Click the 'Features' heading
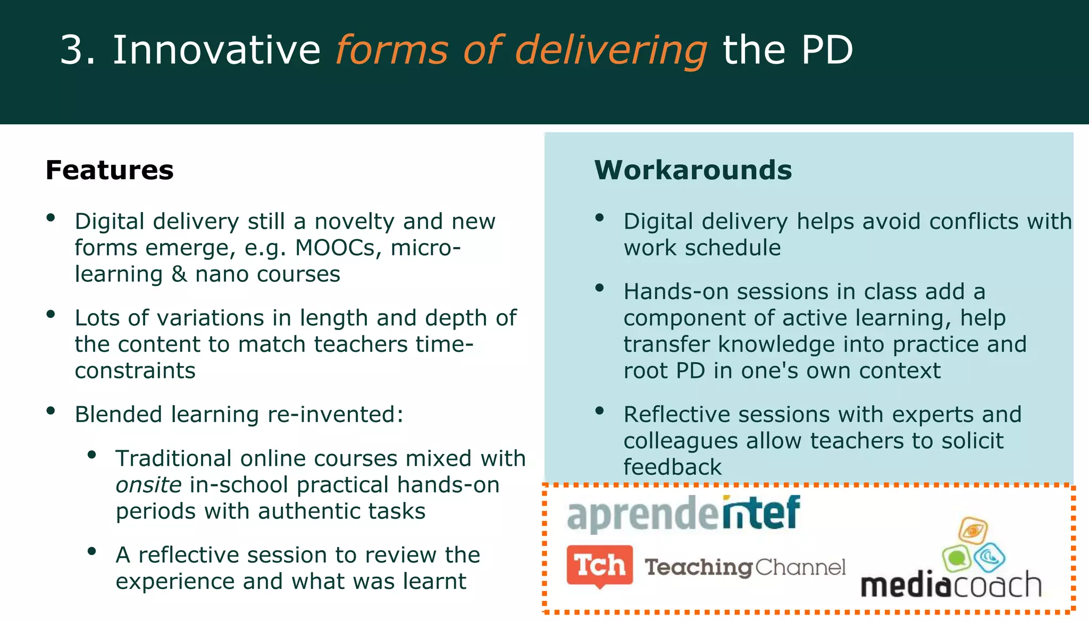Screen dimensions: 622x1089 tap(110, 170)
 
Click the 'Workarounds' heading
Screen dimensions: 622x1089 tap(693, 170)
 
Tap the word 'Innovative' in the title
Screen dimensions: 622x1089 tap(216, 50)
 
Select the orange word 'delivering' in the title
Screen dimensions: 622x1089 tap(611, 51)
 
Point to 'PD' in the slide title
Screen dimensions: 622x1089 tap(827, 50)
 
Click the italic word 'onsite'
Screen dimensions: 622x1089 tap(148, 485)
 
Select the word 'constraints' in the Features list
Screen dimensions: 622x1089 tap(135, 371)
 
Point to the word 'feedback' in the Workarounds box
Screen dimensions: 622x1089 tap(672, 467)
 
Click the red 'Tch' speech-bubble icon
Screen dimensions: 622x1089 tap(599, 565)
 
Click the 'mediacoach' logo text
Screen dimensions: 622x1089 tap(950, 585)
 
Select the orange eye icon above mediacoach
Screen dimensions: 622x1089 tap(973, 530)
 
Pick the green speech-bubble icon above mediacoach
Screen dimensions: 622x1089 tap(957, 558)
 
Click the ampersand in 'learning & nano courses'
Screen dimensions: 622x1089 tap(179, 274)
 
